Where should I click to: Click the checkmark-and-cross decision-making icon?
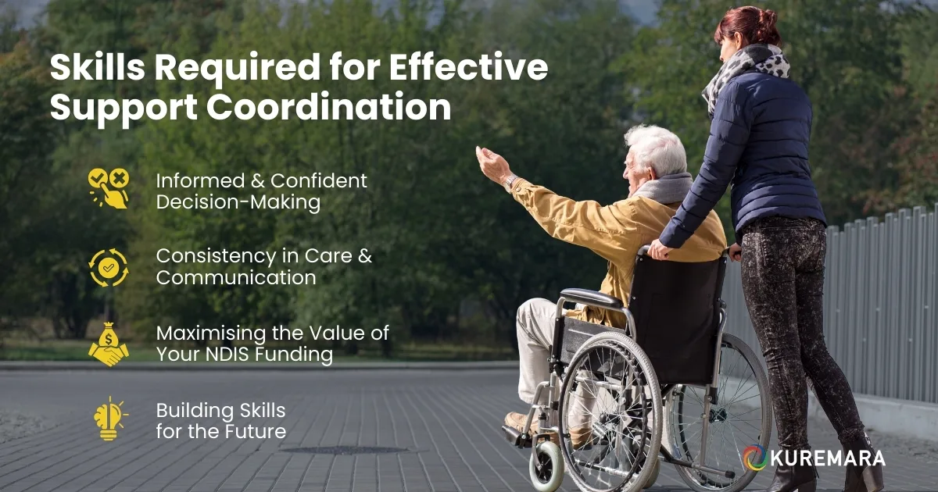[x=108, y=188]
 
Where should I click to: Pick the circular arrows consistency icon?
[x=108, y=267]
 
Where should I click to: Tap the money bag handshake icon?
[x=108, y=344]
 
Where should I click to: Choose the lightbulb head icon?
[x=109, y=419]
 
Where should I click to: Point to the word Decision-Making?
[x=238, y=202]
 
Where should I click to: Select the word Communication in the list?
[x=236, y=277]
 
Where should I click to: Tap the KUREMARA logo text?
[x=829, y=458]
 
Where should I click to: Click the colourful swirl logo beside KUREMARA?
[x=755, y=458]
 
